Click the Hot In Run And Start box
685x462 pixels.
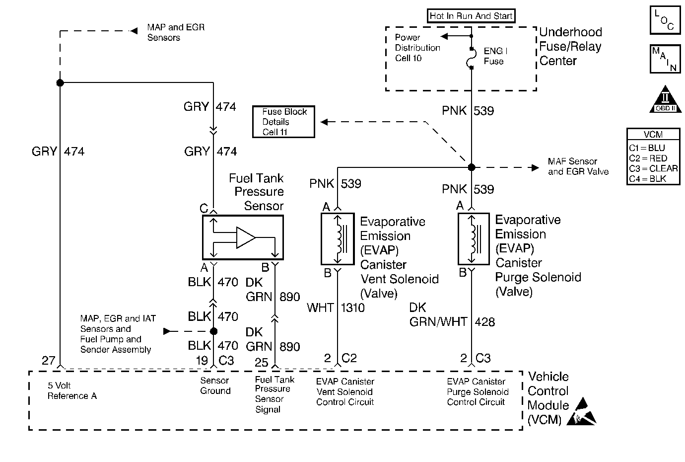pyautogui.click(x=471, y=16)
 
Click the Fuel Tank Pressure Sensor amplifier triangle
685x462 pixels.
pyautogui.click(x=246, y=237)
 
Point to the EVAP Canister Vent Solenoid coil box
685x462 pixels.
pyautogui.click(x=338, y=239)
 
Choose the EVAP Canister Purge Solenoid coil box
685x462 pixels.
pyautogui.click(x=474, y=239)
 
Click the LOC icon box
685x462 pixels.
pyautogui.click(x=664, y=20)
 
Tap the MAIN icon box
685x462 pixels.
pyautogui.click(x=664, y=59)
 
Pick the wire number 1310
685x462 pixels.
pyautogui.click(x=352, y=308)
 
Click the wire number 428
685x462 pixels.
pyautogui.click(x=485, y=322)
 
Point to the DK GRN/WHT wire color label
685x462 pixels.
pyautogui.click(x=438, y=315)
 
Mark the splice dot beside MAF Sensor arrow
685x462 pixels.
pyautogui.click(x=472, y=167)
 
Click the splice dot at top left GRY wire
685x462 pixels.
pyautogui.click(x=60, y=82)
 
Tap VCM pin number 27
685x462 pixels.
pyautogui.click(x=48, y=360)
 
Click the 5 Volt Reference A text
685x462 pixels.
pyautogui.click(x=72, y=390)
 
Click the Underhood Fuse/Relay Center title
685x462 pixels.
pyautogui.click(x=570, y=46)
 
